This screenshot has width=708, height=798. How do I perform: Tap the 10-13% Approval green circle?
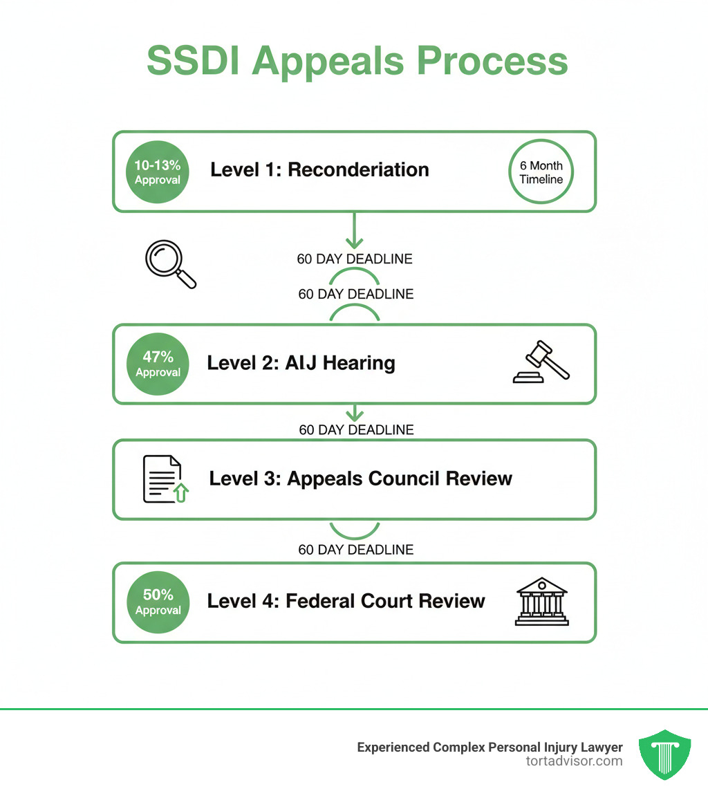click(158, 172)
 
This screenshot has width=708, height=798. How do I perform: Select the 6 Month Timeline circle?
click(541, 172)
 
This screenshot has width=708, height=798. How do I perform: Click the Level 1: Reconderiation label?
click(319, 170)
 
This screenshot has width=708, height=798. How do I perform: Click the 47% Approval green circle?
click(158, 364)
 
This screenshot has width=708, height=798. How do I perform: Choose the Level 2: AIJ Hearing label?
click(301, 363)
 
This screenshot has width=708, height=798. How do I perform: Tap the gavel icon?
click(541, 364)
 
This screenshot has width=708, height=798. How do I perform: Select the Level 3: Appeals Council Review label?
click(360, 478)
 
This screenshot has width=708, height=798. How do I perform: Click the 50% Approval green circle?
click(158, 602)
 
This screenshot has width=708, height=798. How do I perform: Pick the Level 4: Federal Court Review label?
click(346, 601)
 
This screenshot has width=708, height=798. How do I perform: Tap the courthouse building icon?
click(541, 602)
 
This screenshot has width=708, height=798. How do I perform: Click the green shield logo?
click(665, 754)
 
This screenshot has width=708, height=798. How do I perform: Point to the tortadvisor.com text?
click(574, 761)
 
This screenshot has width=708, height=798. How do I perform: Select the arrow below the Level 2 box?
click(355, 413)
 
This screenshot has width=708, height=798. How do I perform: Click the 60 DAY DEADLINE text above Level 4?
click(356, 550)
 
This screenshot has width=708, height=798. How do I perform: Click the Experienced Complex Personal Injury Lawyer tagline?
click(490, 747)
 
